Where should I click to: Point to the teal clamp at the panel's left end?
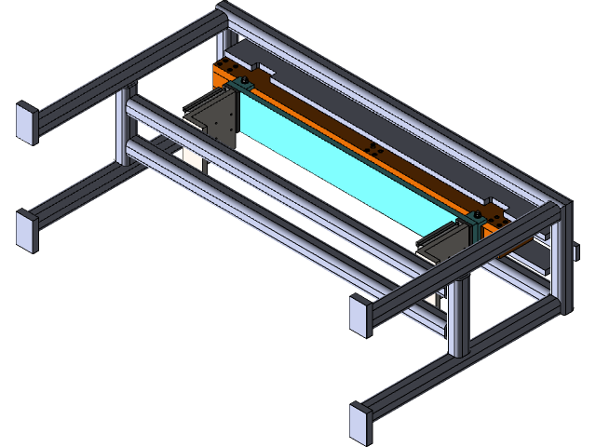(245, 85)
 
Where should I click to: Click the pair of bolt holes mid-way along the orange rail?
(374, 148)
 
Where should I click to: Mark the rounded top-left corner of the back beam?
(223, 14)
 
